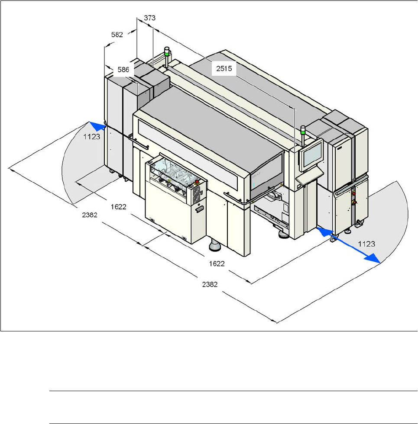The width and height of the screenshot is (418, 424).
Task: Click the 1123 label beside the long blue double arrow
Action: (367, 244)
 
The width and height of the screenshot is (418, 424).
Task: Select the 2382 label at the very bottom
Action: (209, 284)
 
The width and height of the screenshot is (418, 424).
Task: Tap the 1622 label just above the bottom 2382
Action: (216, 263)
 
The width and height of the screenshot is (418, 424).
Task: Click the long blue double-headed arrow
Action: (349, 246)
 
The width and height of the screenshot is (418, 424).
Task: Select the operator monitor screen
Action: (311, 154)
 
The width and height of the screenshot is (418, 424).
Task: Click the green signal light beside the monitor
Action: (304, 128)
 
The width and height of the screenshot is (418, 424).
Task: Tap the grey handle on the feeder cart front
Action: (199, 209)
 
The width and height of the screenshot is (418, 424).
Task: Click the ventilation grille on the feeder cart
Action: (193, 196)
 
